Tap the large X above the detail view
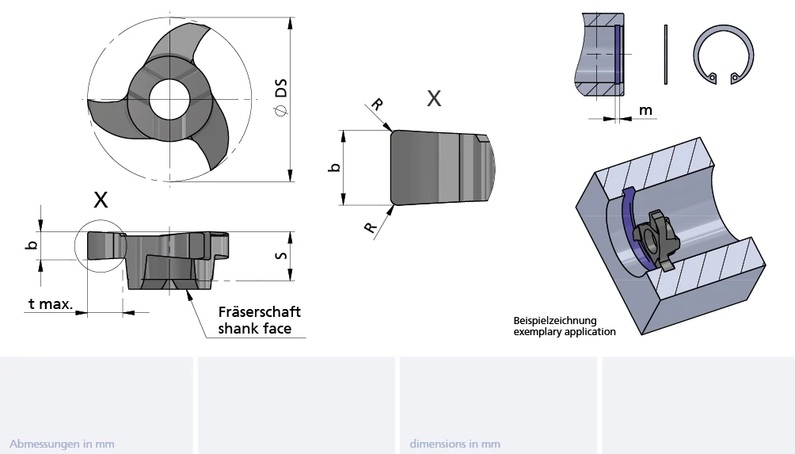tap(434, 98)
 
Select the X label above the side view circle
tap(101, 199)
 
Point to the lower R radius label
tap(370, 227)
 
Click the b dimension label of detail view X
tap(335, 167)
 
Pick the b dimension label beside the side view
tap(32, 245)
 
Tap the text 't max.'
tap(51, 303)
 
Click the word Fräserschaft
tap(260, 312)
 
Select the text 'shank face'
tap(255, 328)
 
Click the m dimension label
tap(646, 110)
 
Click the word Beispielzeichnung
tap(553, 321)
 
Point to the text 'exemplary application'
tap(565, 332)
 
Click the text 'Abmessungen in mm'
tap(63, 444)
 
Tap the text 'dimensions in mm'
tap(455, 444)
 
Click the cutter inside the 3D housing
tap(652, 237)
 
